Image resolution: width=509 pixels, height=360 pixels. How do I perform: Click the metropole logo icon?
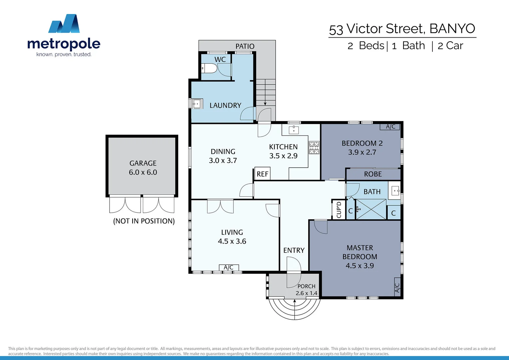click(64, 24)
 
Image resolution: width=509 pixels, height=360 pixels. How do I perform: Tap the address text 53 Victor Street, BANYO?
click(402, 29)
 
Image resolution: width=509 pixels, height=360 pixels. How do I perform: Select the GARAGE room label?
click(143, 163)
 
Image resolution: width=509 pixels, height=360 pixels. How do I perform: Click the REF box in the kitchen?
click(262, 174)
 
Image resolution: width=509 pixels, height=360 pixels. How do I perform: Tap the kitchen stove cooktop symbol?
click(314, 148)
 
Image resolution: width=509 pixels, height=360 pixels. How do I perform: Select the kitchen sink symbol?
click(293, 130)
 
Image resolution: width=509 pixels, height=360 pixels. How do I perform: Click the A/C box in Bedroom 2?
click(390, 127)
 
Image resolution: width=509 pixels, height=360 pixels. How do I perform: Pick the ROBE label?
click(373, 174)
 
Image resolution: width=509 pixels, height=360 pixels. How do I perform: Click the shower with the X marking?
click(371, 209)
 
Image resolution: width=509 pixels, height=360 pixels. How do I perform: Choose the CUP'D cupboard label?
click(339, 210)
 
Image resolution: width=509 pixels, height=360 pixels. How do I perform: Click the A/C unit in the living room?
click(229, 267)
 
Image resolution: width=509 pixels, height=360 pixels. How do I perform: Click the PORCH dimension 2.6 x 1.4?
click(306, 293)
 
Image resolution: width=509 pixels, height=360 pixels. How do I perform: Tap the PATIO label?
click(245, 46)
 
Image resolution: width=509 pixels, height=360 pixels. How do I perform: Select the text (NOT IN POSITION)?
click(144, 221)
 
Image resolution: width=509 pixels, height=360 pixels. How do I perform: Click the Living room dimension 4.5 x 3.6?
click(232, 241)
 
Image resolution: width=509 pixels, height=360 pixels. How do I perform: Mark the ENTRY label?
click(294, 250)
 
